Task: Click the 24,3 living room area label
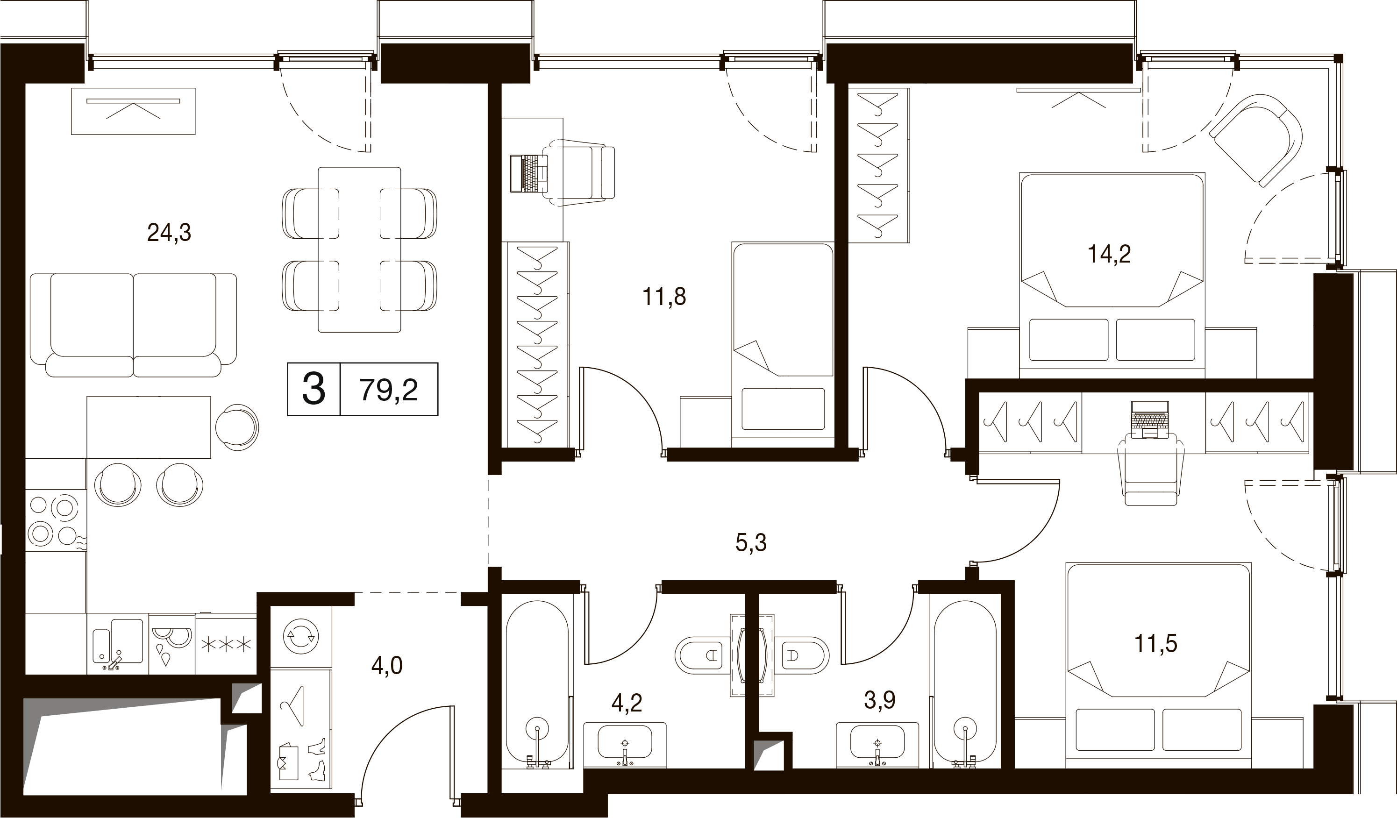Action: [x=169, y=233]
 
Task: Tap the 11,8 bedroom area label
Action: [x=664, y=297]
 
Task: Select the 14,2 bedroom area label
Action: [x=1109, y=254]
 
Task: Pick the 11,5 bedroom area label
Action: [x=1155, y=643]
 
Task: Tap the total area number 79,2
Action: [x=389, y=390]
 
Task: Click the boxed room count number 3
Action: [x=314, y=389]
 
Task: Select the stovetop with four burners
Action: [x=56, y=520]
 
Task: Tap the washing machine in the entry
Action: [x=301, y=637]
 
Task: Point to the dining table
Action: [x=359, y=249]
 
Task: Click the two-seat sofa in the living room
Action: [x=133, y=325]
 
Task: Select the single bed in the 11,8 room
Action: [x=783, y=344]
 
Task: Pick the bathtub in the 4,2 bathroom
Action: [x=537, y=684]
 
